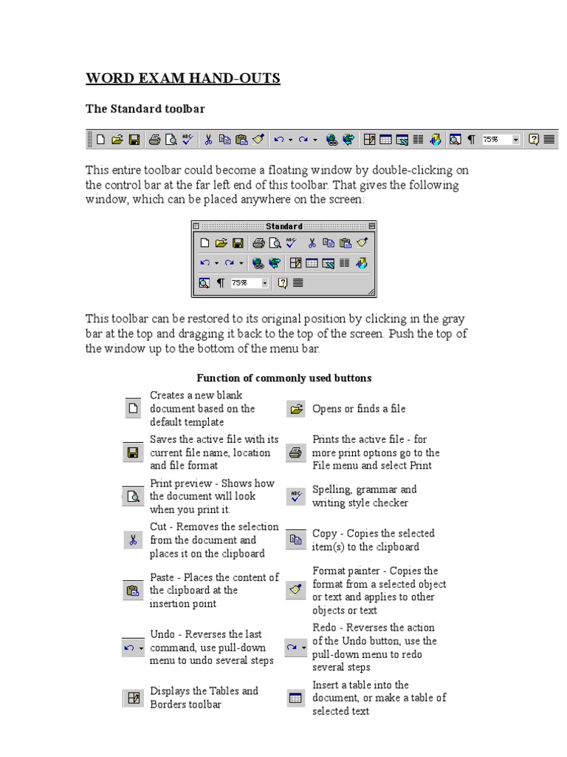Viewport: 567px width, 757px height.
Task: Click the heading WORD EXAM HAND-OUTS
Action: click(182, 78)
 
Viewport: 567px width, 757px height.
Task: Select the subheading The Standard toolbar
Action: click(145, 109)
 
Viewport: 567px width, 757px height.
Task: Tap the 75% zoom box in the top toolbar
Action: click(500, 139)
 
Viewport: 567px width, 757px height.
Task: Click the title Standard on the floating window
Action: click(284, 226)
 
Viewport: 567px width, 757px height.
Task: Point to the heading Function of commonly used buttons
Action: click(283, 378)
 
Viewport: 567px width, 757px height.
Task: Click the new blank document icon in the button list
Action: click(133, 408)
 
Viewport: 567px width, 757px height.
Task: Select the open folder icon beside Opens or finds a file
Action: click(296, 409)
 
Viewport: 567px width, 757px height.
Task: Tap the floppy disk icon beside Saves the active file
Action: click(133, 453)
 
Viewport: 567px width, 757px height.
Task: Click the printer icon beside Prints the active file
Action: click(295, 453)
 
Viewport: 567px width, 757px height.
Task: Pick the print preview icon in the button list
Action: click(133, 497)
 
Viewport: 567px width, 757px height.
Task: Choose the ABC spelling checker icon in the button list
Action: click(295, 496)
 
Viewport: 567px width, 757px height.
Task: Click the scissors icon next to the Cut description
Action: click(133, 540)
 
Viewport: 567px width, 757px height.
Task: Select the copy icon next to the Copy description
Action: click(295, 540)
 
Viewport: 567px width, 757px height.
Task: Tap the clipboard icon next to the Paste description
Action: click(133, 591)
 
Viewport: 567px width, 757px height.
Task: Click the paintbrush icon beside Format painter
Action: click(295, 590)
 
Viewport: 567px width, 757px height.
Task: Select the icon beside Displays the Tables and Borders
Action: click(133, 698)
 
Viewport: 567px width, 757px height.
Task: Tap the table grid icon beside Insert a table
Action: click(295, 698)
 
